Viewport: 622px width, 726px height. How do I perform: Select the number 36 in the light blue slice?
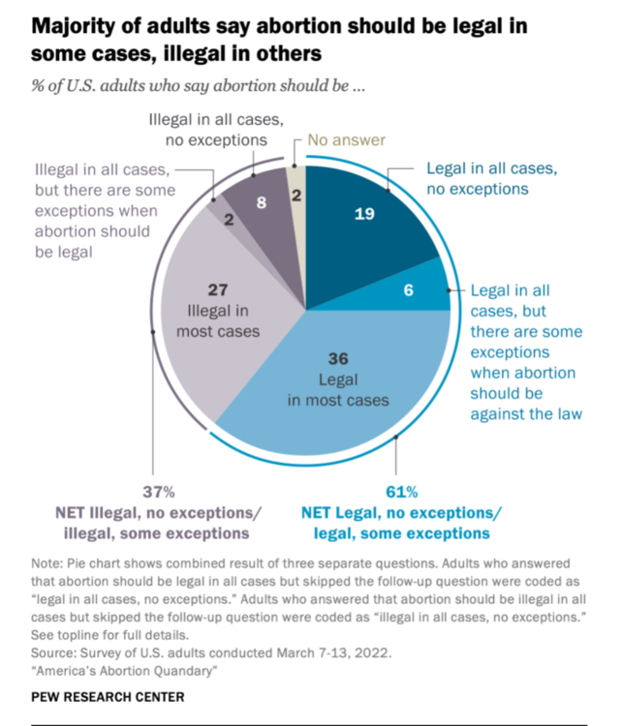(x=337, y=359)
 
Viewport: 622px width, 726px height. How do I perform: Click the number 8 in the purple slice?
(x=260, y=204)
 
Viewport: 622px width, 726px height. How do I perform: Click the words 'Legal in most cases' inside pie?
(x=337, y=389)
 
